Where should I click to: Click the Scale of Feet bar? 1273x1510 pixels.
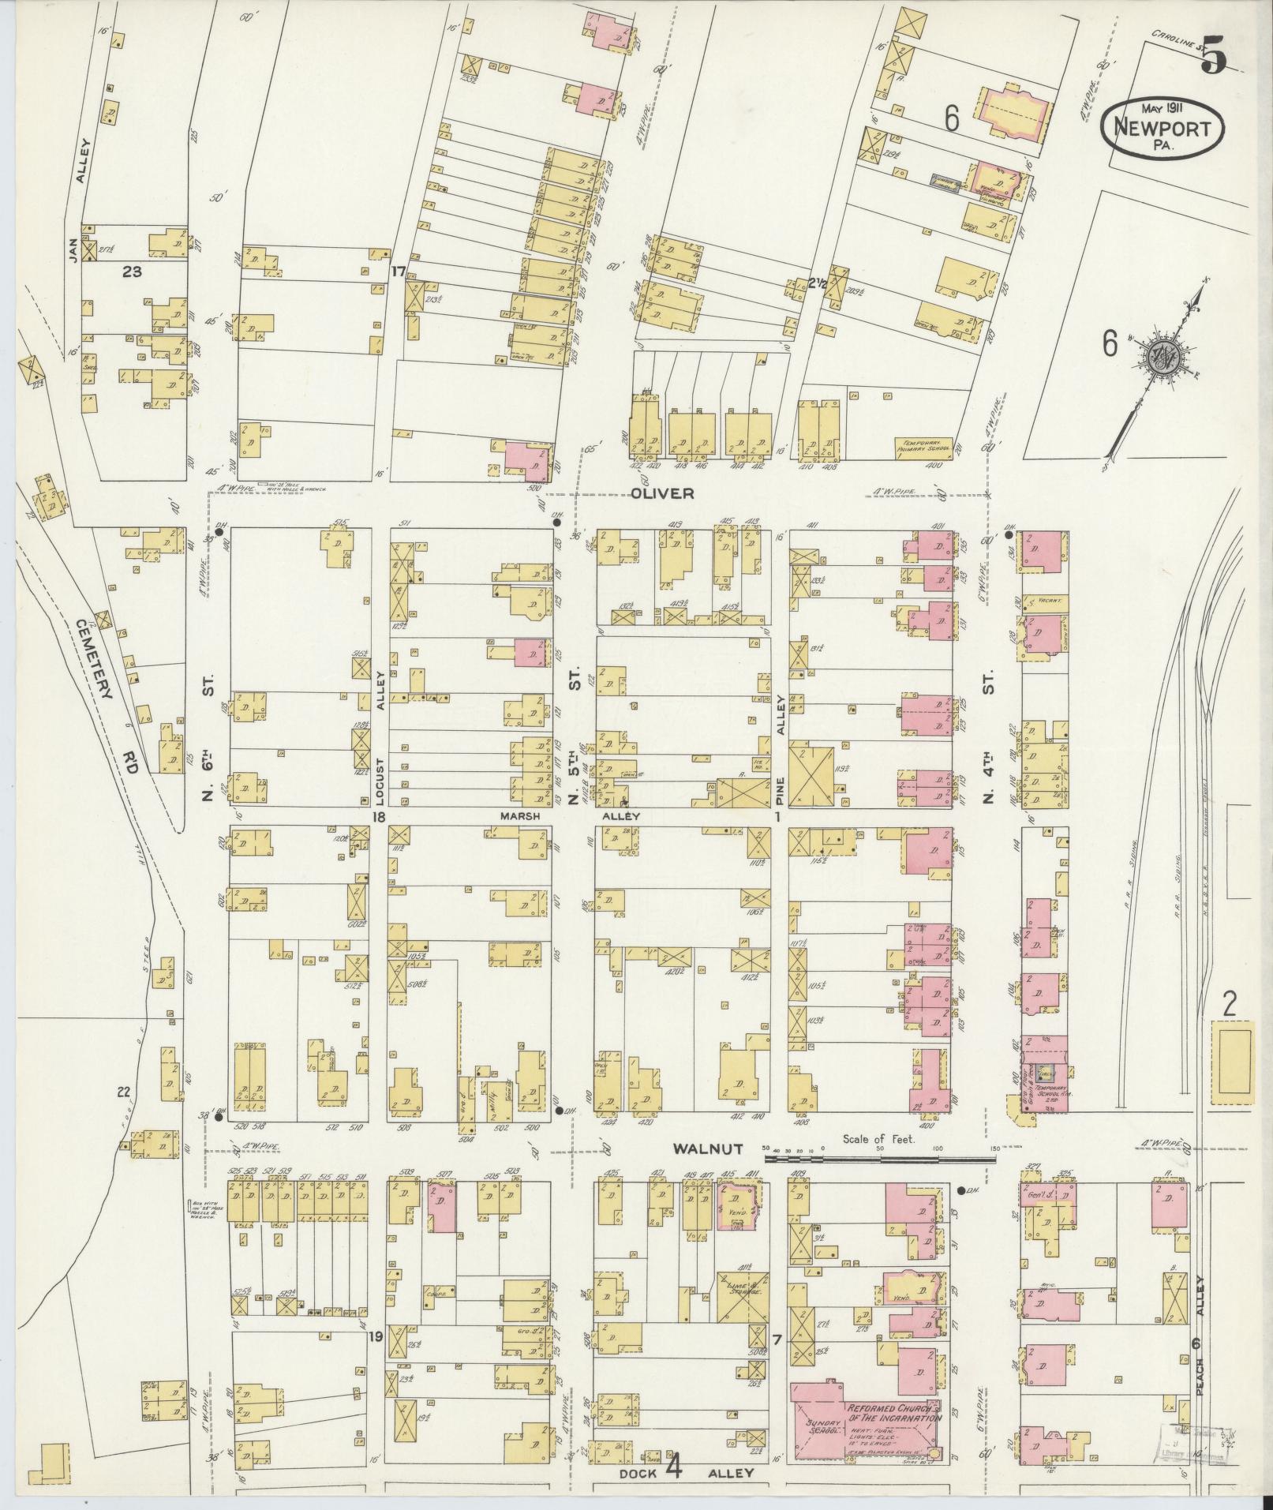click(x=876, y=1159)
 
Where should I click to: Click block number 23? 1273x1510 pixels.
click(x=132, y=272)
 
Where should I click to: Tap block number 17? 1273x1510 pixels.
click(x=398, y=272)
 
